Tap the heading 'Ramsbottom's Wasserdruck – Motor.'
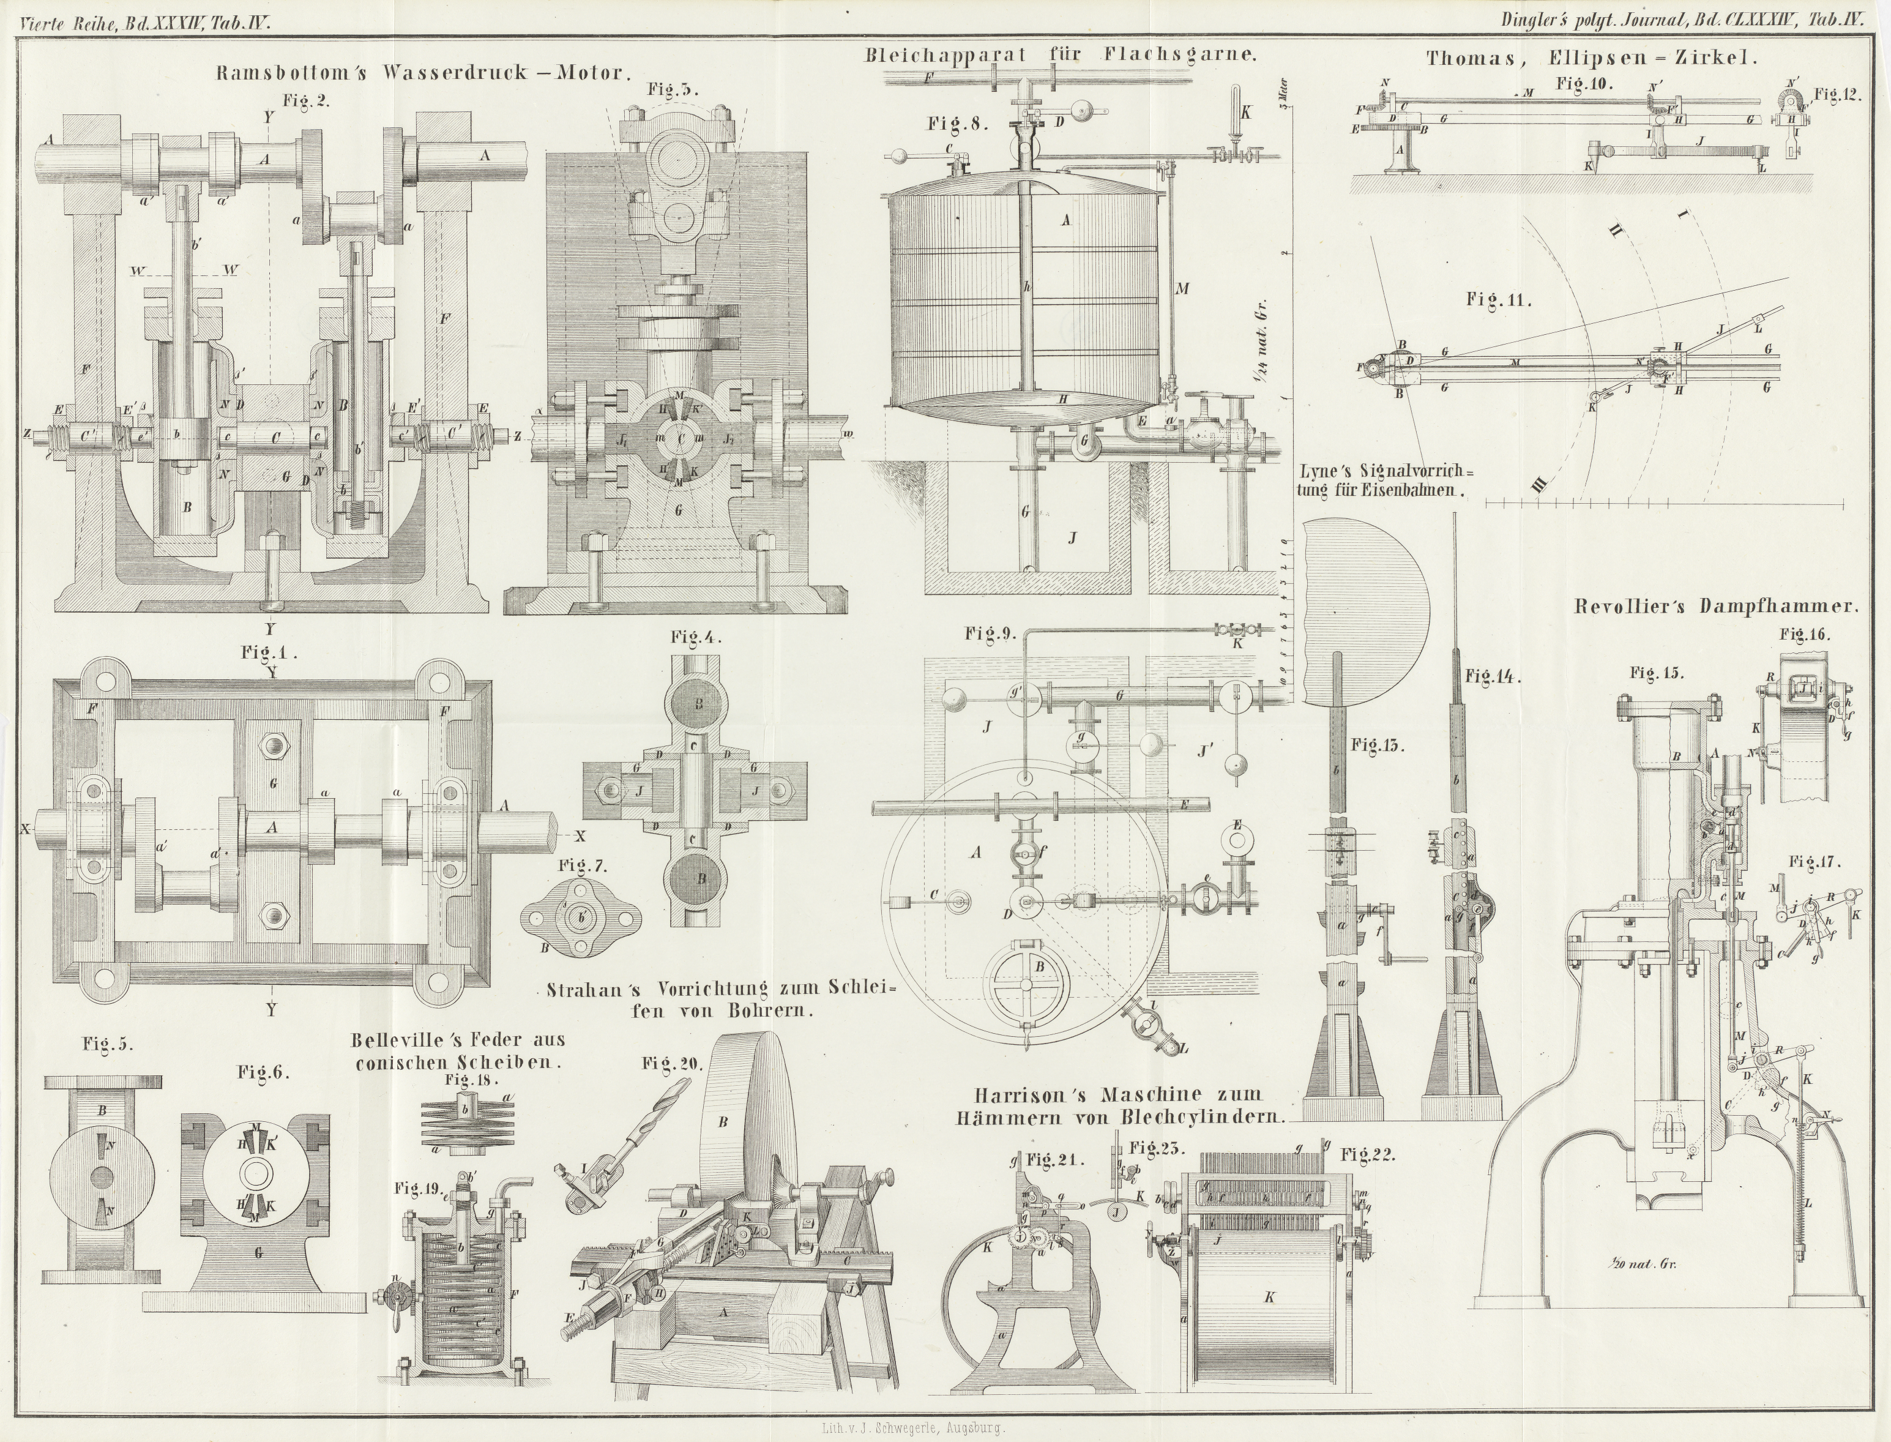pos(420,73)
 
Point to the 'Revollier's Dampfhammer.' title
pos(1716,606)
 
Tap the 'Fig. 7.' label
pos(583,867)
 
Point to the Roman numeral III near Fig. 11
pos(1539,487)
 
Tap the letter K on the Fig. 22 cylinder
pos(1269,1297)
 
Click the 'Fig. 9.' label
pos(990,634)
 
